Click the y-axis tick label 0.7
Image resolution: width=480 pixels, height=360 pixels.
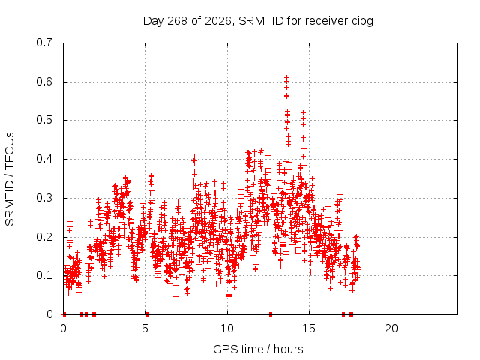[x=44, y=43]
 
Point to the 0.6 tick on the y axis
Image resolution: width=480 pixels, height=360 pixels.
[x=44, y=82]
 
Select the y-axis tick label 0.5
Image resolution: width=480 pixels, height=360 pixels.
[x=44, y=120]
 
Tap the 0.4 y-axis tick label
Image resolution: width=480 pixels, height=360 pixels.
[x=44, y=159]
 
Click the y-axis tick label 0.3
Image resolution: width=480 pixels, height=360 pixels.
[x=44, y=198]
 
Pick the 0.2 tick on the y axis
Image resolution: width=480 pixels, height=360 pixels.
[x=44, y=237]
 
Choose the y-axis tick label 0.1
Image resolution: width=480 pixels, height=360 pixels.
[x=44, y=275]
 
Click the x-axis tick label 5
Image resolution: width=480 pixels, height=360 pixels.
[x=145, y=328]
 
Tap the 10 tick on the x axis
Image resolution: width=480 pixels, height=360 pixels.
[x=227, y=328]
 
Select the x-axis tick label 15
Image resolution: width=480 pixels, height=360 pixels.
[x=309, y=328]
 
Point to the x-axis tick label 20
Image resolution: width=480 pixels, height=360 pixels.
[x=391, y=328]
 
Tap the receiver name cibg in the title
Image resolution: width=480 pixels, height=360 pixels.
[x=362, y=22]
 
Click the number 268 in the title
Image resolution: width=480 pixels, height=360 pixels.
[x=177, y=21]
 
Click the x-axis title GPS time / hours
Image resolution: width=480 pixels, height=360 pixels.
[x=258, y=349]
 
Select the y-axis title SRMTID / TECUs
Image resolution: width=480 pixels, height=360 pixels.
[x=10, y=179]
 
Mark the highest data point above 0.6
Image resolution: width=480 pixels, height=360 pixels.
[x=286, y=77]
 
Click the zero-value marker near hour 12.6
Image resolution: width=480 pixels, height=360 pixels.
[x=271, y=314]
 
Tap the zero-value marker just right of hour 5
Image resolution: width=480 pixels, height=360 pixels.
[x=148, y=314]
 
